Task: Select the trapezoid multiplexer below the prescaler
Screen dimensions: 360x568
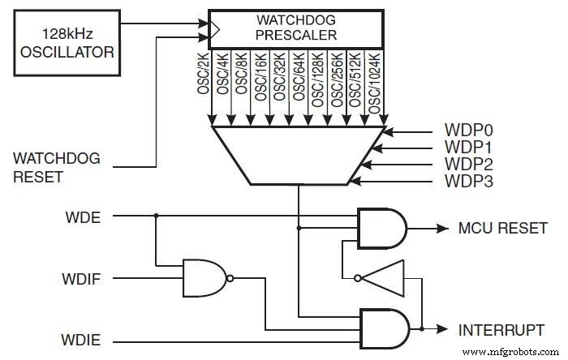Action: click(x=297, y=153)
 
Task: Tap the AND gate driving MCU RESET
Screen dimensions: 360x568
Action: click(x=381, y=229)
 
